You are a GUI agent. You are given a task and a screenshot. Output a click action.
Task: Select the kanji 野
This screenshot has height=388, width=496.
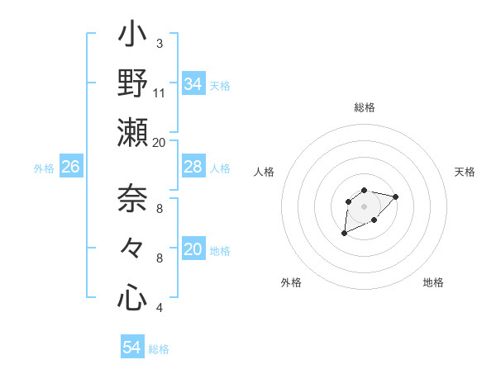coord(133,84)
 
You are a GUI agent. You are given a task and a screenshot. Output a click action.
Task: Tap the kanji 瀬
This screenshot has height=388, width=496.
coord(133,133)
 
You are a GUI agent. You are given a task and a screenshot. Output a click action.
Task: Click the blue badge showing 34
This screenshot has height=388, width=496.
coord(193,84)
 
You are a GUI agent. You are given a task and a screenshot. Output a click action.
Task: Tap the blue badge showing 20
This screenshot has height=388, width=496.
coord(193,250)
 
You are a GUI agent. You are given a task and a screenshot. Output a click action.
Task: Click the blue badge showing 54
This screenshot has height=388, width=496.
coord(132,348)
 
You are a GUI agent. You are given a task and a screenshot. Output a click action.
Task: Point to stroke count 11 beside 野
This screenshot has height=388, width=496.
coord(160,92)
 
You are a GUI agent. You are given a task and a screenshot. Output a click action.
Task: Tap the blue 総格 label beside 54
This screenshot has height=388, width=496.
coord(159,349)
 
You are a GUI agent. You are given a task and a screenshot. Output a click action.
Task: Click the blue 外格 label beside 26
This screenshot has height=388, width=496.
coord(44,168)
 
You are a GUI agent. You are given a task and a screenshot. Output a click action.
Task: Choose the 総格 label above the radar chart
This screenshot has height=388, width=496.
coord(365,107)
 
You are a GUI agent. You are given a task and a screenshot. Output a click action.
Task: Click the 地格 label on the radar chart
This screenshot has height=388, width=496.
coord(433,282)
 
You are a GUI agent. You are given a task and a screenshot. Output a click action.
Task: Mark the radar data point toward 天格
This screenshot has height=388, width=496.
coord(396,196)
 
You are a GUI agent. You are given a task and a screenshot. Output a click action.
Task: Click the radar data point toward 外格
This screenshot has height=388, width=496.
coord(344,234)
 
